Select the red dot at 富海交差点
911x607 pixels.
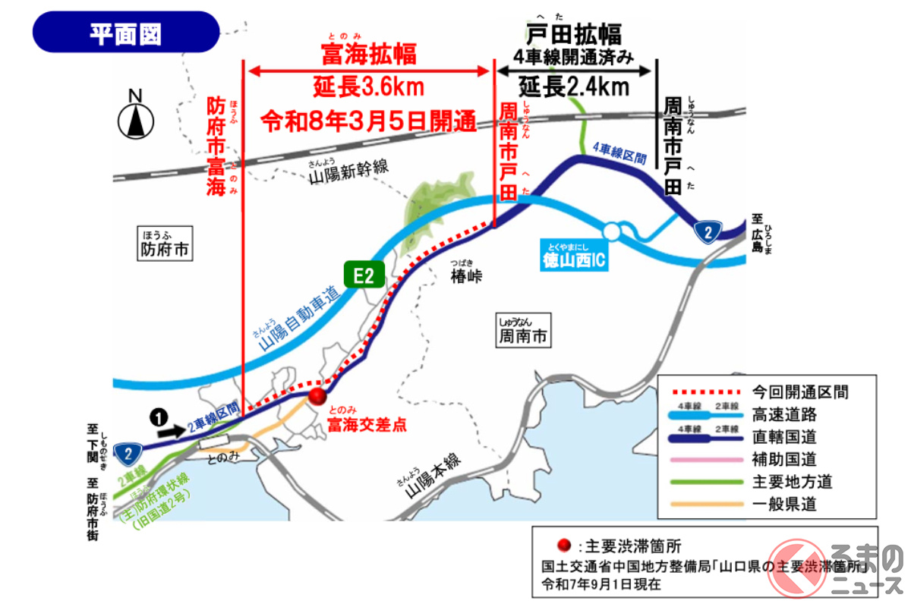click(x=317, y=395)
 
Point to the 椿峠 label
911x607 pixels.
click(x=466, y=276)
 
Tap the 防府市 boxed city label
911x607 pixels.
click(x=165, y=249)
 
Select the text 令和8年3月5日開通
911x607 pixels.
click(x=367, y=120)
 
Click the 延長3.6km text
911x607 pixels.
click(x=368, y=87)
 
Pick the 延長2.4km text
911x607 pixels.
click(x=574, y=86)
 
